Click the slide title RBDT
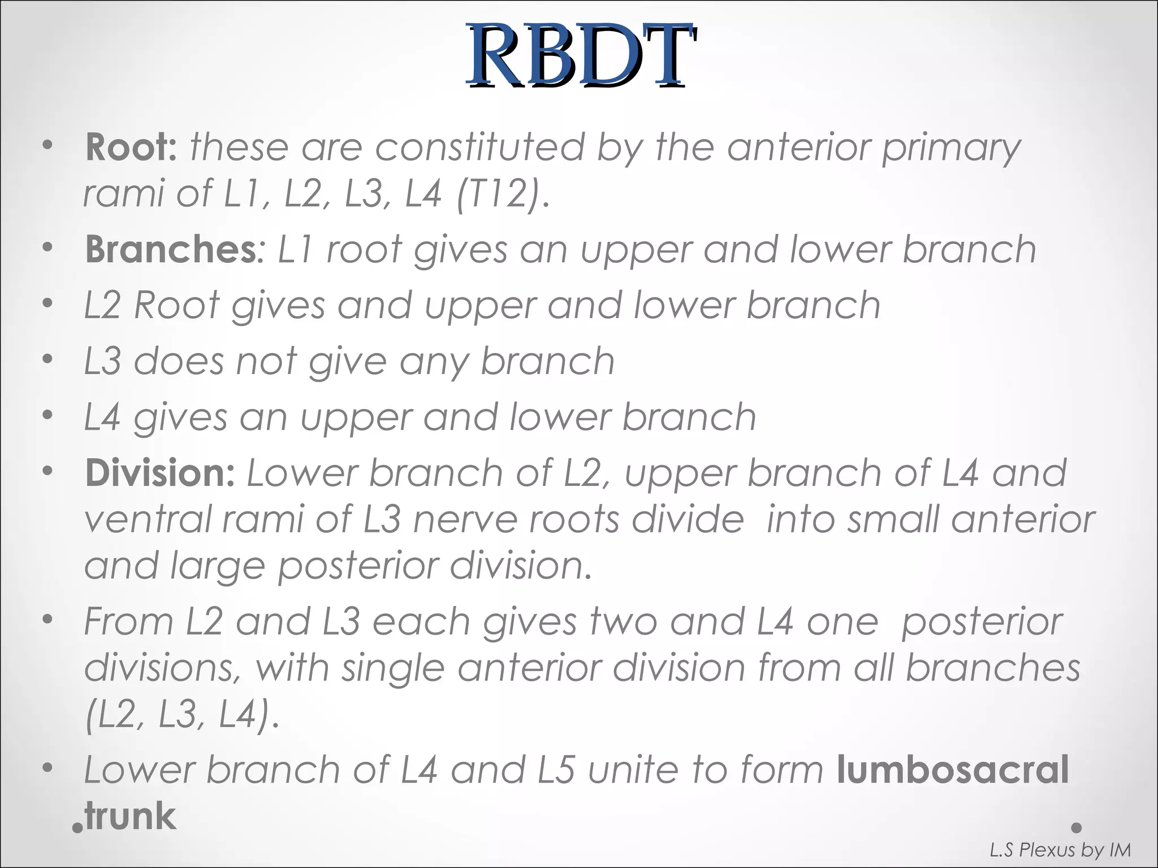pos(580,55)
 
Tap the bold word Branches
pos(171,249)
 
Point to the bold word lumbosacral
pos(953,770)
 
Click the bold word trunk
pos(130,816)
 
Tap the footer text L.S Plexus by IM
pos(1060,850)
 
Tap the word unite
pos(635,770)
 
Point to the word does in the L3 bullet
pos(179,361)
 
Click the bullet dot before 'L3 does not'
pos(48,359)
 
